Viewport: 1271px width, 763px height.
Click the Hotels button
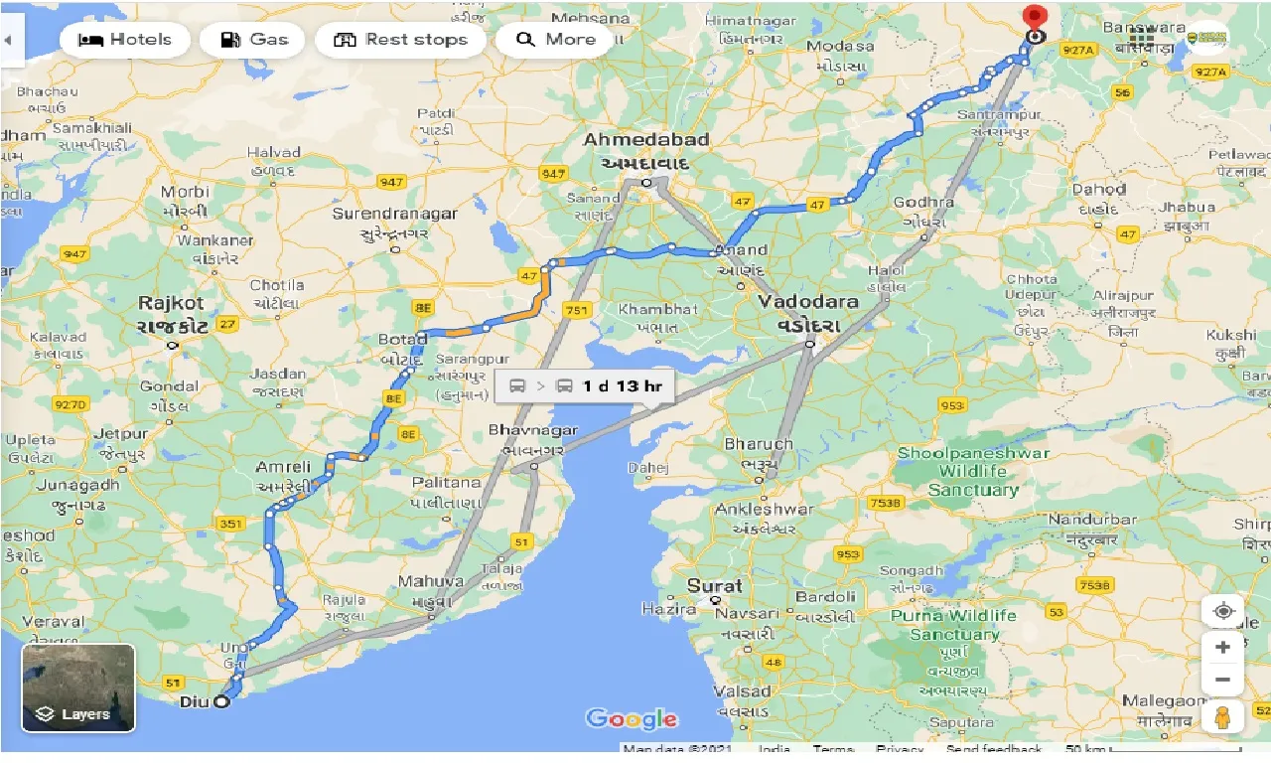point(125,40)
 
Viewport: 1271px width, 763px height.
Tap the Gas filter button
point(253,40)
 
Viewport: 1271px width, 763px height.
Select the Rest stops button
point(400,40)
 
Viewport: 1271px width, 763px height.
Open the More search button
point(555,40)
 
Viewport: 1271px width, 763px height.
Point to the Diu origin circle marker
point(221,701)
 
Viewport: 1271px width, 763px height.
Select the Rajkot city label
point(172,303)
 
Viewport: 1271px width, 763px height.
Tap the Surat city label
point(715,585)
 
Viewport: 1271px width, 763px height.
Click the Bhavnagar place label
point(532,430)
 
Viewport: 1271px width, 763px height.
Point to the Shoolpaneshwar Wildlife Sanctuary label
point(973,471)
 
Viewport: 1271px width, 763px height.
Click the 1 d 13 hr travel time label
point(584,385)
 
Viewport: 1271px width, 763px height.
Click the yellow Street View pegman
point(1222,717)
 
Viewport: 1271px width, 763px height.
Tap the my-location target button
point(1222,611)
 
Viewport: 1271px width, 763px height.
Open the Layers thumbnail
point(78,687)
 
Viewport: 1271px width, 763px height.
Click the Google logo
point(632,719)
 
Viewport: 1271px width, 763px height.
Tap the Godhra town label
point(923,202)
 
